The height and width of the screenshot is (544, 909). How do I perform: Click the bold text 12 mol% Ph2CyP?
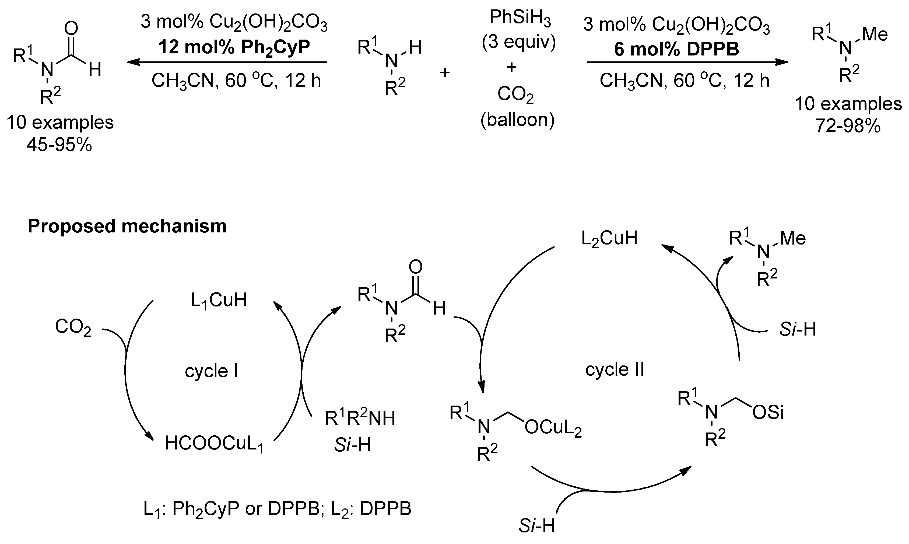click(x=234, y=48)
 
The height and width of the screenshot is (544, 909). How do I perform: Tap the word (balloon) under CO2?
click(x=517, y=120)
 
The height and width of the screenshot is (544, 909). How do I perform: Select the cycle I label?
click(x=211, y=371)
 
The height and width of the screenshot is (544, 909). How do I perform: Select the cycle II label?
click(x=615, y=369)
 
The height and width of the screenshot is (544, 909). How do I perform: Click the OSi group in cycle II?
click(x=768, y=413)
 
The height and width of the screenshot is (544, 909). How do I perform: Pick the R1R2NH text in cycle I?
click(x=360, y=418)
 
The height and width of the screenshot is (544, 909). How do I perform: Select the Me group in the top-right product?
click(x=875, y=34)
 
